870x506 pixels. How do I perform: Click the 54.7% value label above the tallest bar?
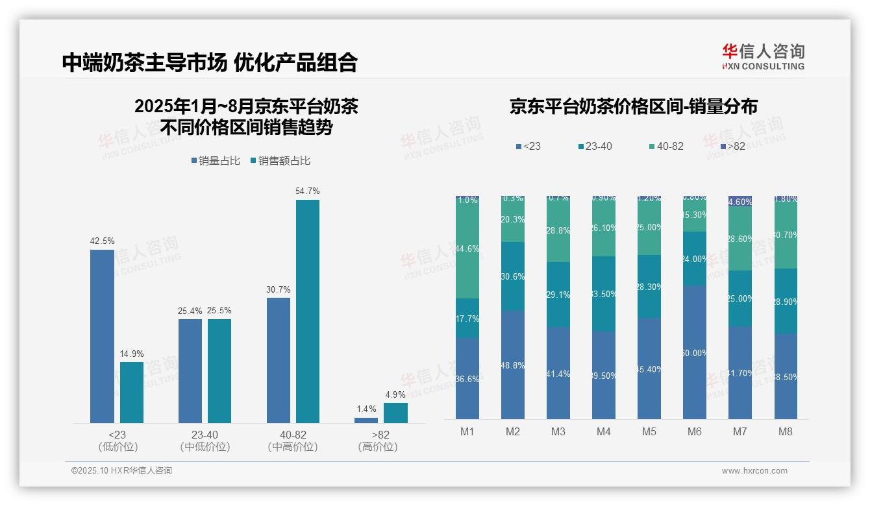click(308, 191)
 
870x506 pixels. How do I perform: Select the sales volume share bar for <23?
click(102, 336)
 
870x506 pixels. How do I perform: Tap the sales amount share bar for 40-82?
click(308, 311)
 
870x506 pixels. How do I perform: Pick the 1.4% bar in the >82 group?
click(366, 420)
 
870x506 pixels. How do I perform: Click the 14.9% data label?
click(132, 354)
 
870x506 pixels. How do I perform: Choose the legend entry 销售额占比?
click(280, 161)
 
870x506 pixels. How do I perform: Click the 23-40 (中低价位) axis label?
click(205, 440)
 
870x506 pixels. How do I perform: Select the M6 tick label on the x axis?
click(695, 431)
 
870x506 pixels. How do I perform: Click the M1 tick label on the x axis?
click(467, 431)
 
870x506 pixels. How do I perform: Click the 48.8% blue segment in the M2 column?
click(513, 365)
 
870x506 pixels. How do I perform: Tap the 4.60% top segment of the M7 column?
click(740, 201)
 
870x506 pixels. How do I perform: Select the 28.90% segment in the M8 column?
click(786, 301)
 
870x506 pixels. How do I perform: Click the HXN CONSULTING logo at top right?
click(763, 57)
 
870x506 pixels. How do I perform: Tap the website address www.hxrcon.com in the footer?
click(754, 471)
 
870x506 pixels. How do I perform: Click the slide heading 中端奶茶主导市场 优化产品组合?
click(210, 62)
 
